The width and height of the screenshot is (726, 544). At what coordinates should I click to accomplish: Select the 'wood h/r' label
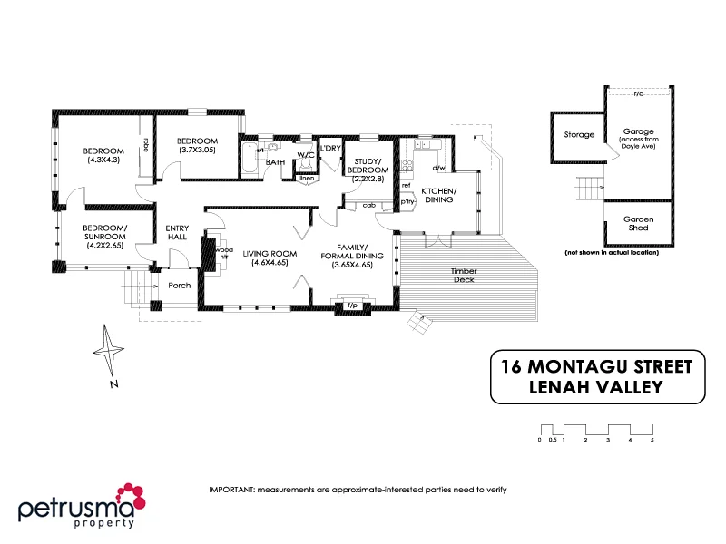(223, 252)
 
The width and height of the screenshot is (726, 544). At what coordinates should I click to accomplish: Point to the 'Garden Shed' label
(638, 224)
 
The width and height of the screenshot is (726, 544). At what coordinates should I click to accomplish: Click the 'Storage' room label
(579, 135)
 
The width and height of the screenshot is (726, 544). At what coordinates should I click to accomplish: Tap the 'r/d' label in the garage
(639, 92)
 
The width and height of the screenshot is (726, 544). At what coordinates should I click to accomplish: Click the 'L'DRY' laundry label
(330, 148)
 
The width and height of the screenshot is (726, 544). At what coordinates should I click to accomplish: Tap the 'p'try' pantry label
(407, 203)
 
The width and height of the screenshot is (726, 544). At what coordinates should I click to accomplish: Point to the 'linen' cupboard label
(307, 178)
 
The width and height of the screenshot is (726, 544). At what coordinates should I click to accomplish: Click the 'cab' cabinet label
(368, 206)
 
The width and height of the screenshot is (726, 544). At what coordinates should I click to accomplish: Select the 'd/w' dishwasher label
(438, 168)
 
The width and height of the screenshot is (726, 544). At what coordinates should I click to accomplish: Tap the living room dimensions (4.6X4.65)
(270, 263)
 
